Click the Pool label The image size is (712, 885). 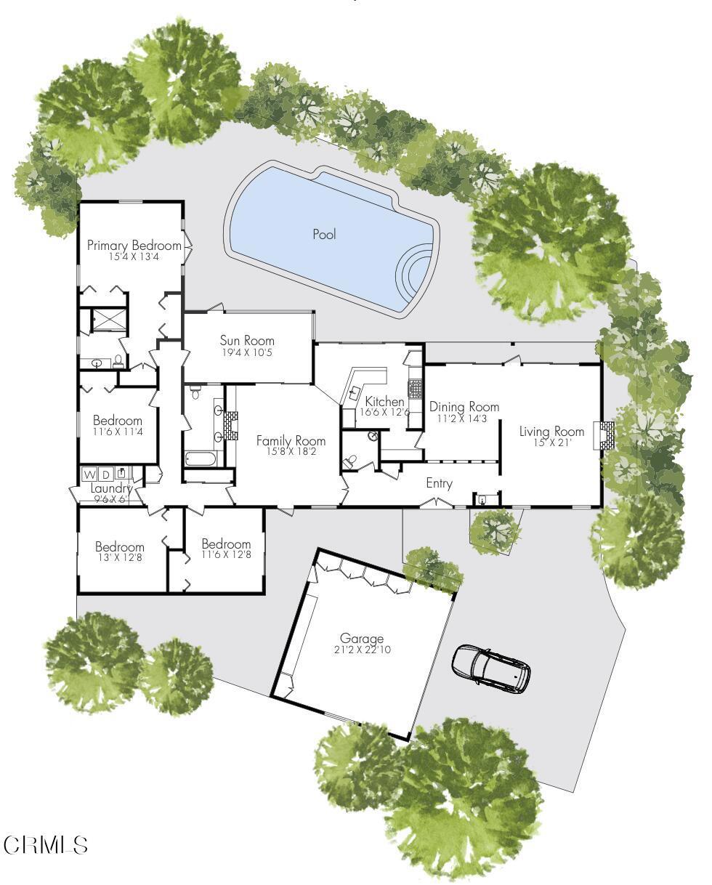tap(324, 234)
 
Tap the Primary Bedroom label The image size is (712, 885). tap(134, 246)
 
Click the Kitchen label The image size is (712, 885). tap(384, 402)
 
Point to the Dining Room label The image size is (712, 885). tap(464, 407)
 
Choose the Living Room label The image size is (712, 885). tap(551, 432)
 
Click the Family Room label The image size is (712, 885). tap(291, 441)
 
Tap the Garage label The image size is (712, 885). tap(361, 639)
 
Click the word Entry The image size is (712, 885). tap(439, 483)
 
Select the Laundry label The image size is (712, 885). tap(111, 489)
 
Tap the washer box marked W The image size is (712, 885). tap(90, 474)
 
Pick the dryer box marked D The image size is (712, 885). tap(106, 474)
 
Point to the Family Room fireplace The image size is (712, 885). tap(230, 426)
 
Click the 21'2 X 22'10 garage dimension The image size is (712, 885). tap(361, 650)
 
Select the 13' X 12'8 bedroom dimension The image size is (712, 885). tap(119, 558)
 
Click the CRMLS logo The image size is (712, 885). tap(46, 845)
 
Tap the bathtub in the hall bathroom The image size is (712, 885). tap(201, 459)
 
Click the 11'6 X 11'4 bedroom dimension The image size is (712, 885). tap(118, 432)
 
